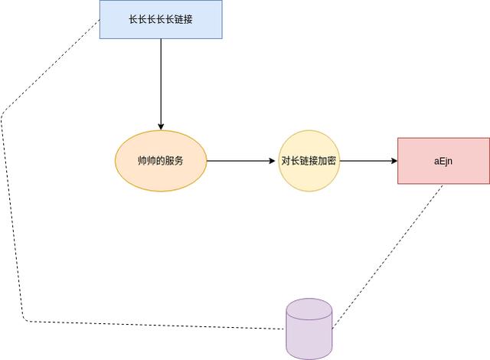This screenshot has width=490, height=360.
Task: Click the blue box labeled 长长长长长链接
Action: pos(161,19)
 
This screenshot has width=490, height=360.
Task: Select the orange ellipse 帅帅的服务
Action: pos(161,161)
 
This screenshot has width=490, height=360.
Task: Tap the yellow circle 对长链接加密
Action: pos(309,161)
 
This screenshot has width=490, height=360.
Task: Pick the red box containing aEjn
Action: pos(443,161)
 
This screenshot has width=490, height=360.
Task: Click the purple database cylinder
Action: pos(309,333)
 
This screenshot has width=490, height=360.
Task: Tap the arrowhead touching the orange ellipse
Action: pos(161,126)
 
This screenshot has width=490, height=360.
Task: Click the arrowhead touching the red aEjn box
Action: pos(393,161)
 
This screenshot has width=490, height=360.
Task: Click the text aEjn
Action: pos(444,162)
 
